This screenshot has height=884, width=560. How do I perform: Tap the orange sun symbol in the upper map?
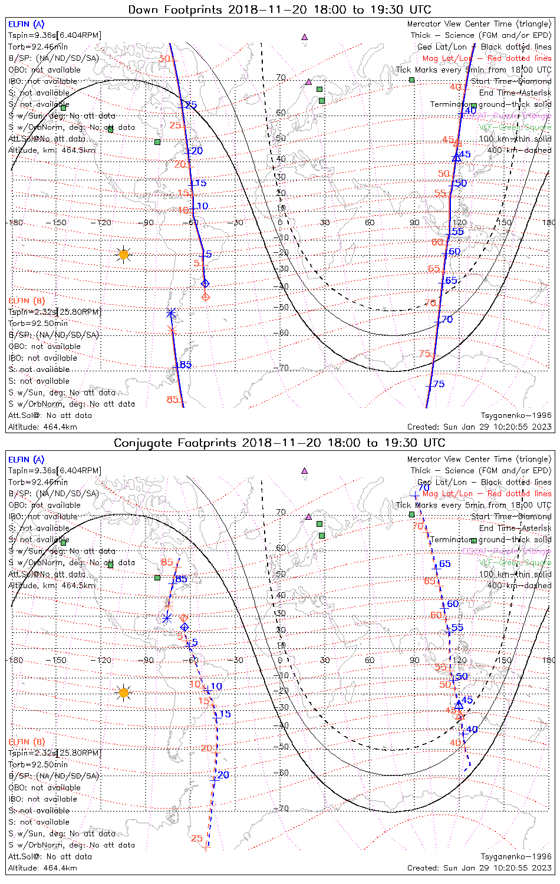coord(123,255)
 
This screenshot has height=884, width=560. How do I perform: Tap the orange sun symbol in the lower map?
coord(123,692)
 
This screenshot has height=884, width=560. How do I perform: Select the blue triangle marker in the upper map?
coord(456,157)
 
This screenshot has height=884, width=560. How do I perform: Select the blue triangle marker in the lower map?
coord(459,704)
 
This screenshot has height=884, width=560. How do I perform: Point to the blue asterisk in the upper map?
coord(171,312)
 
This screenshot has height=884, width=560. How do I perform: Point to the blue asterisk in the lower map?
coord(167,618)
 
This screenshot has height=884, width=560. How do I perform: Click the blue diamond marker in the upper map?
coord(205,283)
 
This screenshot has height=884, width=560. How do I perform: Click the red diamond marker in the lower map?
coord(184,618)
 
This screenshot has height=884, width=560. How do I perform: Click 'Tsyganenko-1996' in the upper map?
coord(516,415)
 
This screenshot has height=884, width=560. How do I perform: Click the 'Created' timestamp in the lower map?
coord(479,867)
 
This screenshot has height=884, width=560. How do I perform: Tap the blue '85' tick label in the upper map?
coord(186,365)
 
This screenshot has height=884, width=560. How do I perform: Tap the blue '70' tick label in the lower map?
coord(424,488)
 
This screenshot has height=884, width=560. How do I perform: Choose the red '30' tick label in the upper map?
coord(165,59)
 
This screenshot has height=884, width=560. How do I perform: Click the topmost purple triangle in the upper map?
coord(304,37)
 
